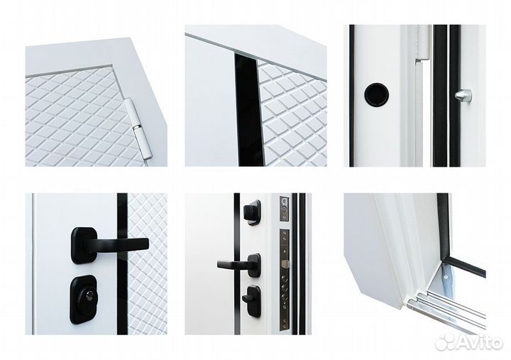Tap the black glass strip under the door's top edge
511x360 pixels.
pyautogui.click(x=248, y=110)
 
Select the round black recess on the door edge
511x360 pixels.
pyautogui.click(x=376, y=94)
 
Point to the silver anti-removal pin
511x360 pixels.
pyautogui.click(x=463, y=95)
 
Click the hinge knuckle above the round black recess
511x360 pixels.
pyautogui.click(x=423, y=43)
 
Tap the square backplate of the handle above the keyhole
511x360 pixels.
pyautogui.click(x=84, y=246)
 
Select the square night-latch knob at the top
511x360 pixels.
pyautogui.click(x=252, y=212)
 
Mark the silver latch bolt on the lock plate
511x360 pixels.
pyautogui.click(x=285, y=263)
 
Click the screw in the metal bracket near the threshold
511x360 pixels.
pyautogui.click(x=446, y=277)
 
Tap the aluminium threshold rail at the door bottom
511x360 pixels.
pyautogui.click(x=446, y=312)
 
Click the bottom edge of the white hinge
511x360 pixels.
pyautogui.click(x=148, y=159)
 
